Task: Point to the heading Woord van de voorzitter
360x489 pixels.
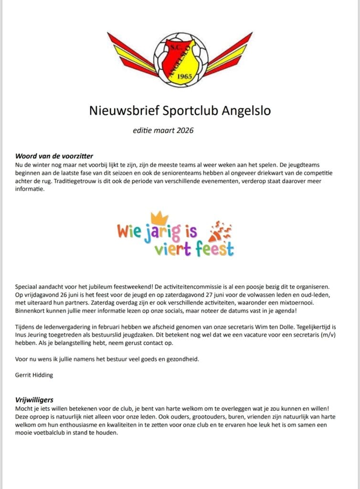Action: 54,156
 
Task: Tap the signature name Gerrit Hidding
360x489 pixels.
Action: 34,375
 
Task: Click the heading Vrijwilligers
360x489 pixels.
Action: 35,399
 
